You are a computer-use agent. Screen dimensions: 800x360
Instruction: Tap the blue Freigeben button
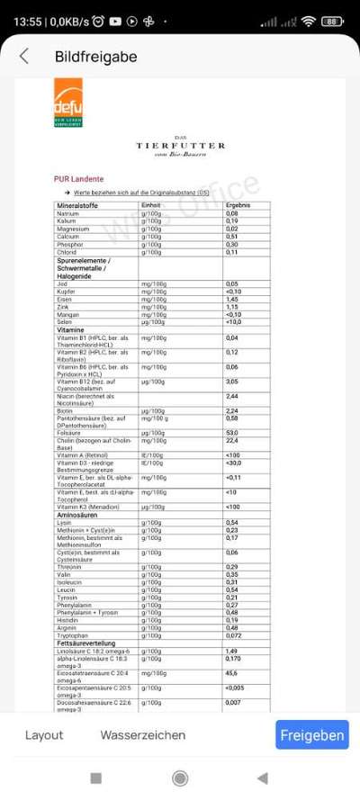pyautogui.click(x=311, y=735)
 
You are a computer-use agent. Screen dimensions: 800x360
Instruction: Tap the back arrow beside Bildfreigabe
pyautogui.click(x=24, y=57)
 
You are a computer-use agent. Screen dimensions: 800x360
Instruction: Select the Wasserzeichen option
pyautogui.click(x=143, y=735)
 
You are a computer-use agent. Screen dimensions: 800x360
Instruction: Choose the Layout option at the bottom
pyautogui.click(x=44, y=735)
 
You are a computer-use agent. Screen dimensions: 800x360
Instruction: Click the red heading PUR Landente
pyautogui.click(x=78, y=179)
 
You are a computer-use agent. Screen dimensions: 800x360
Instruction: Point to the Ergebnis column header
pyautogui.click(x=237, y=206)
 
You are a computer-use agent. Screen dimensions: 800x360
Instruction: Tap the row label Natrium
pyautogui.click(x=68, y=213)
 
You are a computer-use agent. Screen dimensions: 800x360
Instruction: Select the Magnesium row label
pyautogui.click(x=73, y=229)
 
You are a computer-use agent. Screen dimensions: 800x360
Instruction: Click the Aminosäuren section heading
pyautogui.click(x=76, y=514)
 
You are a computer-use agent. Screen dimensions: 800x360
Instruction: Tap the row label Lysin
pyautogui.click(x=64, y=522)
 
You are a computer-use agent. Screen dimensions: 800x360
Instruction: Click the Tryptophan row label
pyautogui.click(x=72, y=635)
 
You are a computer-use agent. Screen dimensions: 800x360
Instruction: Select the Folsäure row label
pyautogui.click(x=69, y=433)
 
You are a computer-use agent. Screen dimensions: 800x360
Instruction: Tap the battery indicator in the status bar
pyautogui.click(x=333, y=21)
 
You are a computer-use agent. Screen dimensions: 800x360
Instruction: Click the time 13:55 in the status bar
pyautogui.click(x=28, y=21)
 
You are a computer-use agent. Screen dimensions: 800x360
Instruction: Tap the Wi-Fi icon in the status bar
pyautogui.click(x=309, y=21)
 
